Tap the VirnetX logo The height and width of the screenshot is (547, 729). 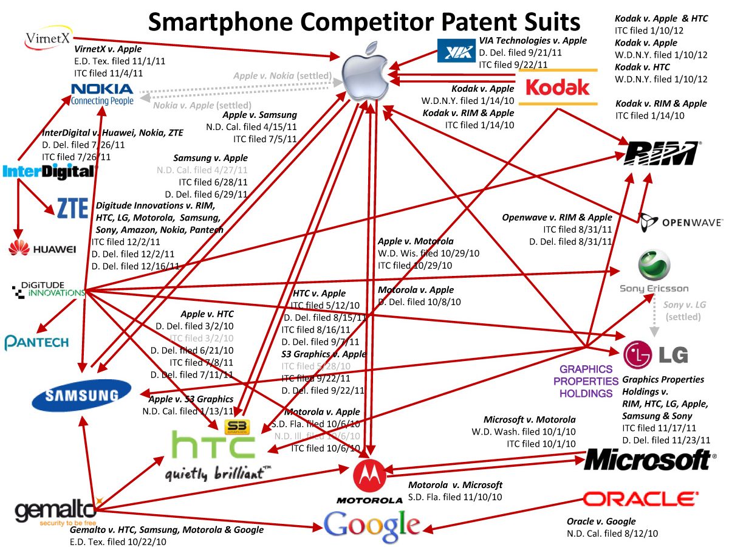tap(48, 38)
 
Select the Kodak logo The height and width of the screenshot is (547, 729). tap(557, 87)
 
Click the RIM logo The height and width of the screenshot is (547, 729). tap(662, 153)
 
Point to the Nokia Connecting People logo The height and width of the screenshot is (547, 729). tap(102, 94)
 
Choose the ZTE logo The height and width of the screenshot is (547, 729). tap(72, 208)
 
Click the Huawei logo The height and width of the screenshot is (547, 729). tap(42, 249)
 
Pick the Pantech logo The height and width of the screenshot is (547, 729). tap(36, 342)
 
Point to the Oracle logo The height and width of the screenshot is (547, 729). tap(639, 500)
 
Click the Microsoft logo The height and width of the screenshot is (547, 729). tap(649, 460)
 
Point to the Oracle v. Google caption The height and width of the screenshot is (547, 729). tap(601, 521)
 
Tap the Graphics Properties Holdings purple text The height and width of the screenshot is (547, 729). tap(586, 381)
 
